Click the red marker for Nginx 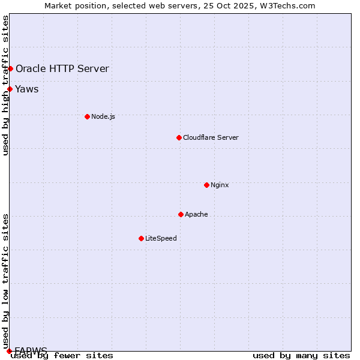206,185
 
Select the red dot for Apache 181,214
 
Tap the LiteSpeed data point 141,238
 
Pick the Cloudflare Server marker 179,137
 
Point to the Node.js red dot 87,116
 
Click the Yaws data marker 10,89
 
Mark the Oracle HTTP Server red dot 10,68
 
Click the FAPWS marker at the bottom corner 9,350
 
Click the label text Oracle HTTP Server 62,68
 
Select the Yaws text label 27,89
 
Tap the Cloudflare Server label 211,137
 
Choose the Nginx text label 220,185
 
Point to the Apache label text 196,214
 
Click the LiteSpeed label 161,238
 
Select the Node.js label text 103,116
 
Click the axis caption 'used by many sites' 301,356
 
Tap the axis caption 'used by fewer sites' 62,356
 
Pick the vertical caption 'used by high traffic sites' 5,85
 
